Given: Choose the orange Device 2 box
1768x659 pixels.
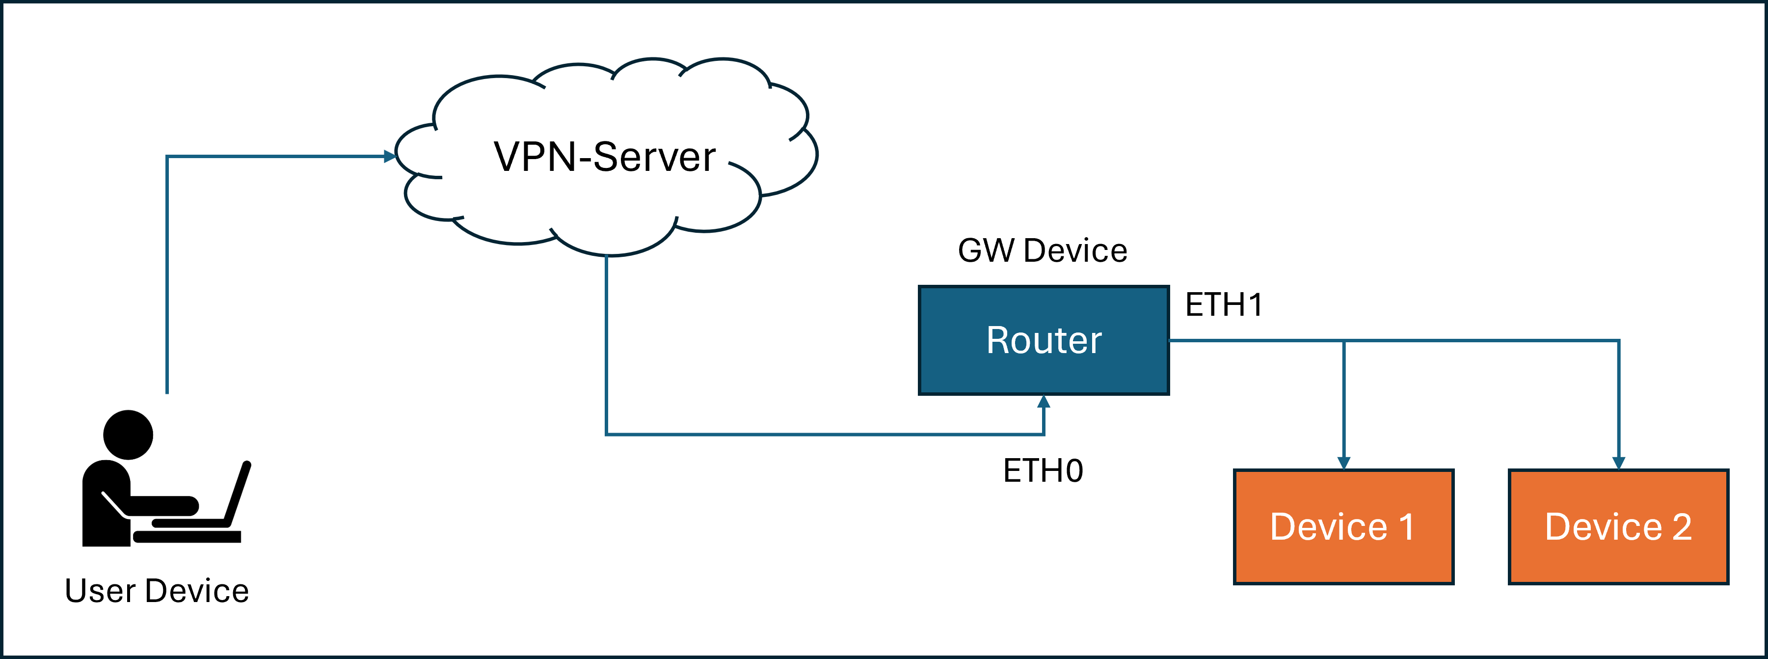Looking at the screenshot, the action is [x=1618, y=526].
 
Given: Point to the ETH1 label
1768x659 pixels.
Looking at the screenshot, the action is [x=1224, y=305].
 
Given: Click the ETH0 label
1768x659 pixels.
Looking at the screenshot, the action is [x=1043, y=471].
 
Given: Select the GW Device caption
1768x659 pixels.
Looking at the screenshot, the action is [x=1043, y=250].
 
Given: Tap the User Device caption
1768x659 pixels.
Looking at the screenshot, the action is [x=157, y=591].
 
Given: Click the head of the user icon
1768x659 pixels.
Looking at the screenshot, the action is [x=128, y=435].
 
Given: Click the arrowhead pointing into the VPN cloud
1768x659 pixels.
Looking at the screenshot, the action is [x=390, y=157].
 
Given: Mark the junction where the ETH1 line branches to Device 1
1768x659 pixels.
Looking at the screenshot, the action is [x=1344, y=340].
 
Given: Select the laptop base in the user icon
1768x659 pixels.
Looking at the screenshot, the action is [x=187, y=537].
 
